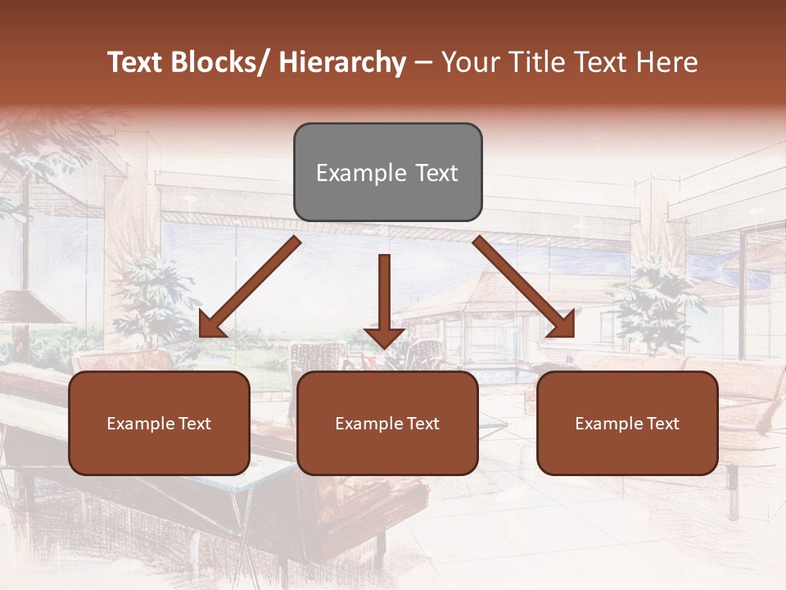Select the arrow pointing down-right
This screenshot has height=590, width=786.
click(x=524, y=287)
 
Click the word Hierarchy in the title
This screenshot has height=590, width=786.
click(x=342, y=62)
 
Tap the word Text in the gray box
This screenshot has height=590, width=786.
click(x=436, y=173)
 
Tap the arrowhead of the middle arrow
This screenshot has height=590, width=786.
click(x=384, y=337)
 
